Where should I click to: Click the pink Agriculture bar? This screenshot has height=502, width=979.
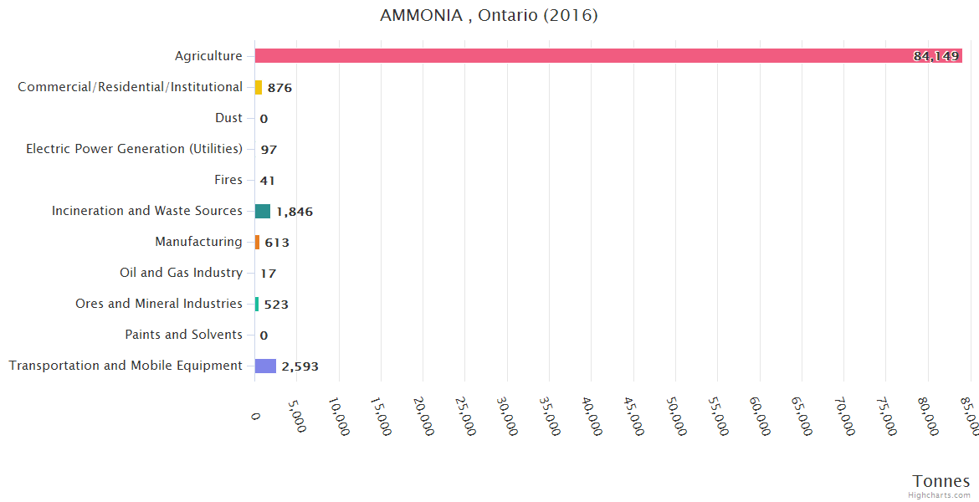tap(586, 56)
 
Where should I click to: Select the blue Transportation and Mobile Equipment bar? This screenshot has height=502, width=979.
tap(265, 366)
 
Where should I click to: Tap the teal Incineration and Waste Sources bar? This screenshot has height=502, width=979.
tap(263, 211)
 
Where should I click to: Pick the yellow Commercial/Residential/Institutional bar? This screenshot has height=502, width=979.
tap(259, 87)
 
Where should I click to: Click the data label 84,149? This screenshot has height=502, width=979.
tap(935, 56)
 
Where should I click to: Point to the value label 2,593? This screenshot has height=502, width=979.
tap(300, 366)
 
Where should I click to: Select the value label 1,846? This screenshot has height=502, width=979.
tap(295, 212)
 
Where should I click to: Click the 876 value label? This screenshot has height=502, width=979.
tap(279, 88)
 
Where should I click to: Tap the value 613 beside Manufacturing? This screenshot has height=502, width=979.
tap(277, 243)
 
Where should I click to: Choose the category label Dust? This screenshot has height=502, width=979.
tap(228, 118)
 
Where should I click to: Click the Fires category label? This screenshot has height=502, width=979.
tap(228, 180)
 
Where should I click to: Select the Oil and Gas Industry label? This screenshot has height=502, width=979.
tap(182, 273)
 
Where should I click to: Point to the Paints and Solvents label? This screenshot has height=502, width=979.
tap(184, 335)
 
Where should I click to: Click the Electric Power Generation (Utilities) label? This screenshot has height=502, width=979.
tap(134, 149)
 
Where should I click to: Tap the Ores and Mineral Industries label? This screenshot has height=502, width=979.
tap(159, 304)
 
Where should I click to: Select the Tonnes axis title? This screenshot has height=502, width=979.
tap(941, 481)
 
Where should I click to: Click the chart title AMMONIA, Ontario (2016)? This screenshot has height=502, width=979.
tap(489, 16)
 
